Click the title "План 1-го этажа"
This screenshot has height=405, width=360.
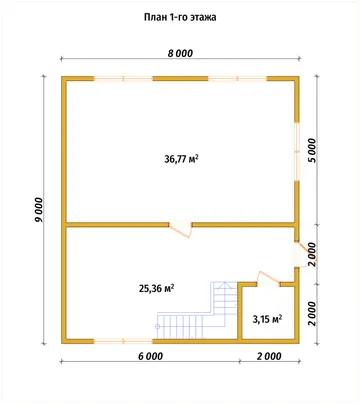coord(180,17)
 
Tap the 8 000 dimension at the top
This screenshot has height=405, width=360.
coord(180,53)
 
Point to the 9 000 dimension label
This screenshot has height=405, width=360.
coord(39,210)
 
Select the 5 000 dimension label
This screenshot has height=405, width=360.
coord(313,150)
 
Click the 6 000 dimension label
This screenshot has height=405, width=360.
coord(151,356)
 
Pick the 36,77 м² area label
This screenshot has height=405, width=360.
coord(182,159)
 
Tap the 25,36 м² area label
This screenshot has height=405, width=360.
coord(157,288)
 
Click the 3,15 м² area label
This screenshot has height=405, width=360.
coord(267,320)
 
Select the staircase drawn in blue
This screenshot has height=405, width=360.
coord(197,313)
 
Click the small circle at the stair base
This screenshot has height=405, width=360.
coord(157,326)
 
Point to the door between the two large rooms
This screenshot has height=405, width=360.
coord(180,229)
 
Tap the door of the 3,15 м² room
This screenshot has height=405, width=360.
coord(268,279)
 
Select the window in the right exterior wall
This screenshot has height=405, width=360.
coord(296,152)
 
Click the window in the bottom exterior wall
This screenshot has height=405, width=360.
coord(123,341)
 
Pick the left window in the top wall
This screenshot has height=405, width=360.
coord(123,79)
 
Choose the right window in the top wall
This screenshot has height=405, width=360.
coord(237,79)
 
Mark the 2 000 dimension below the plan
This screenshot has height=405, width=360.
coord(269,356)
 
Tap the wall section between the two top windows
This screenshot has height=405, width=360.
coord(181,79)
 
